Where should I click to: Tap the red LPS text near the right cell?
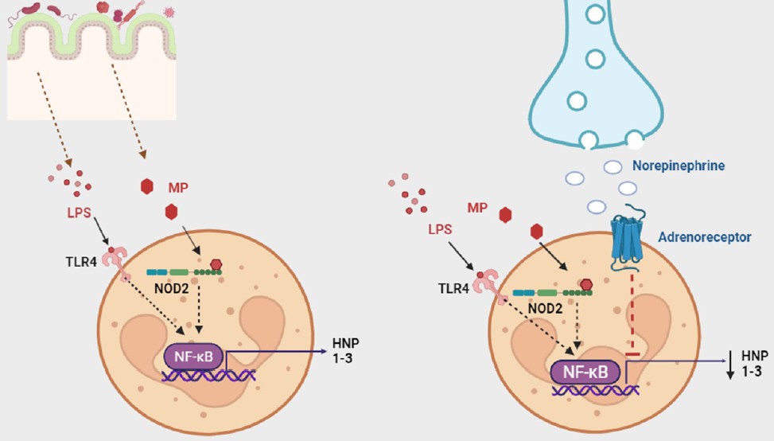coord(440,229)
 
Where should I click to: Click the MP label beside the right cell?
coord(478,208)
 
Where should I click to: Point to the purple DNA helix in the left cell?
coord(209,373)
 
